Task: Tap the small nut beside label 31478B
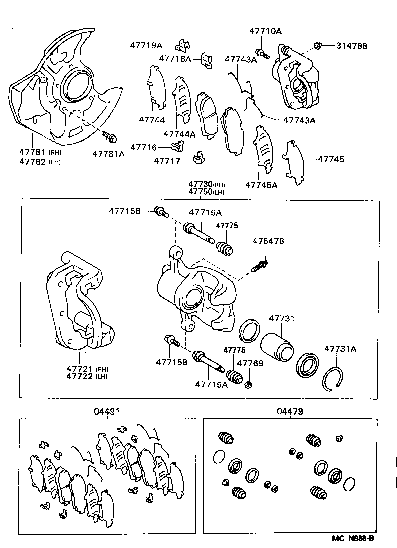pos(317,46)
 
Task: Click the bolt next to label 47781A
pos(109,135)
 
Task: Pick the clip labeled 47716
pos(176,147)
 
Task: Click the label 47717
pos(167,161)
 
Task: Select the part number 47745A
pos(261,185)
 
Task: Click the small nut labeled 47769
pos(248,385)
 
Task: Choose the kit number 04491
pos(106,411)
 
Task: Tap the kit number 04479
pos(289,411)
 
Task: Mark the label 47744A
pos(179,134)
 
